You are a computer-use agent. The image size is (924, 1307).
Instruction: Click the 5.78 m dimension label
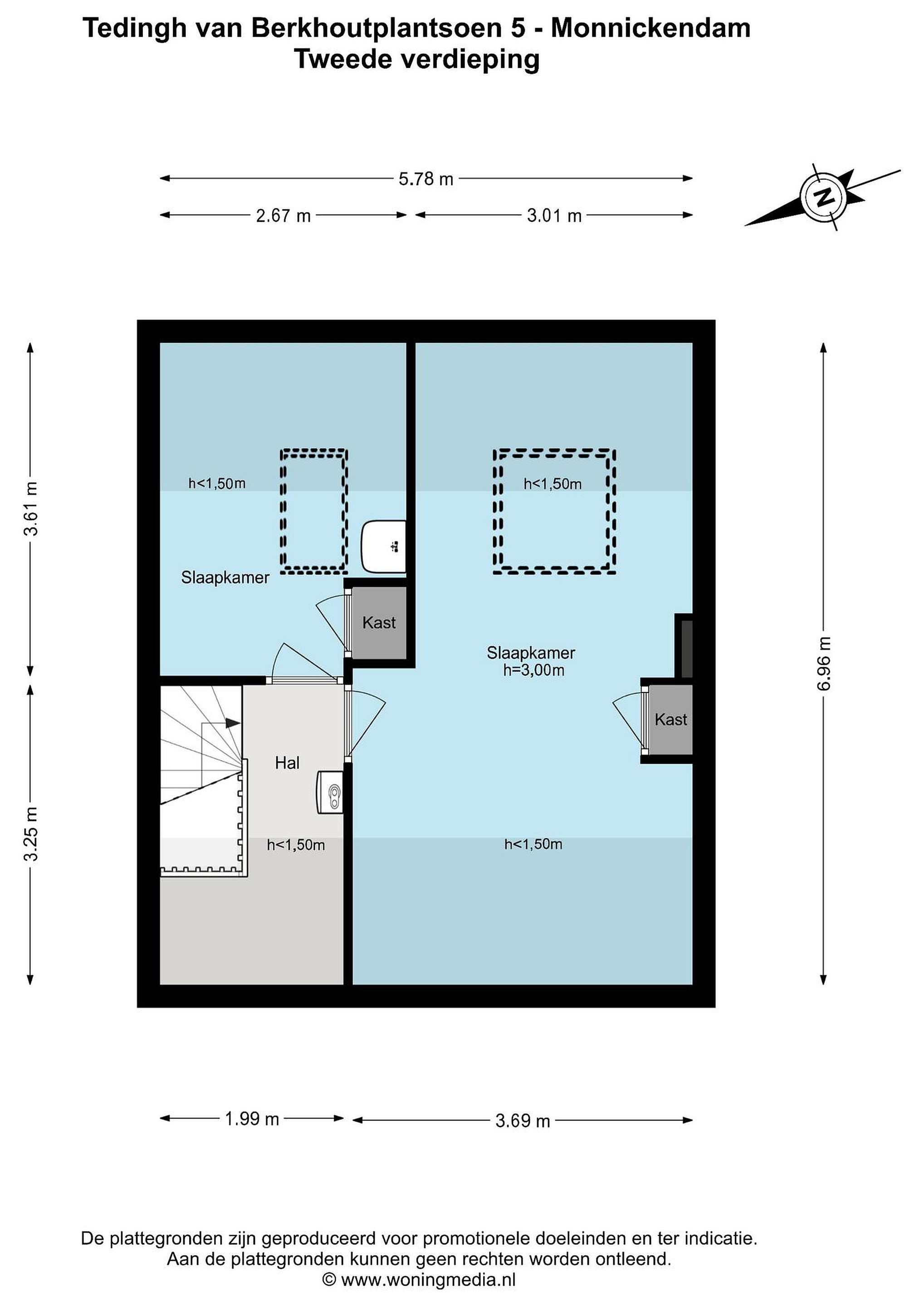pos(425,179)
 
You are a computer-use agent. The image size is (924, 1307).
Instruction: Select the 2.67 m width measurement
pos(284,216)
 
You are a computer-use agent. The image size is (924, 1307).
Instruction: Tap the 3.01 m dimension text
pos(554,216)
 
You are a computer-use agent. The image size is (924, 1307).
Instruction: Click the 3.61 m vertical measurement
pos(31,508)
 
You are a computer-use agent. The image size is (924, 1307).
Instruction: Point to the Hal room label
pos(287,763)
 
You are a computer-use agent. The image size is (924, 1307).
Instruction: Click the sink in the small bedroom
pos(383,546)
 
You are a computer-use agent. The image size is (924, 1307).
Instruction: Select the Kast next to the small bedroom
pos(379,623)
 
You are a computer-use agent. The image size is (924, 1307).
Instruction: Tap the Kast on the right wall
pos(671,720)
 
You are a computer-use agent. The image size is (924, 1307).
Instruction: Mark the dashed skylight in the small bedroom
pos(314,511)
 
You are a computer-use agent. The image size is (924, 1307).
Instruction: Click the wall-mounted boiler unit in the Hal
pos(331,792)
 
